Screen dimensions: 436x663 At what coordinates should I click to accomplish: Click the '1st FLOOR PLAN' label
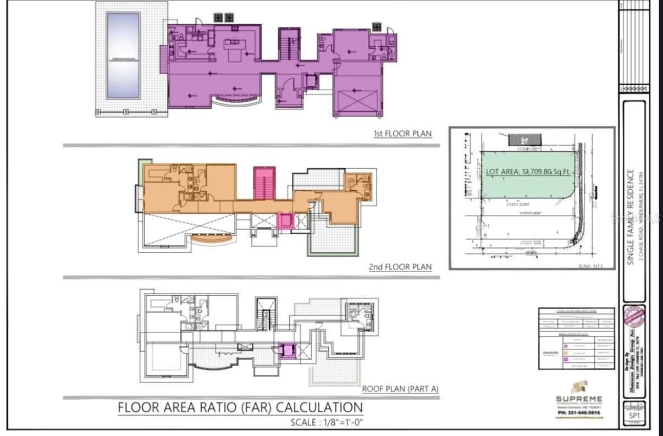pyautogui.click(x=402, y=134)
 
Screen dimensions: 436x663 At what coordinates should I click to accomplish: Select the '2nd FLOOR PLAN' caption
pyautogui.click(x=400, y=267)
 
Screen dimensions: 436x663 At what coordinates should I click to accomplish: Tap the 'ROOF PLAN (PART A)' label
pyautogui.click(x=400, y=389)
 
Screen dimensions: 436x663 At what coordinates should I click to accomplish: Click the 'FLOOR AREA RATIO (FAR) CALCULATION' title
pyautogui.click(x=240, y=407)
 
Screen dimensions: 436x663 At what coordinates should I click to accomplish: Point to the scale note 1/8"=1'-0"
pyautogui.click(x=327, y=423)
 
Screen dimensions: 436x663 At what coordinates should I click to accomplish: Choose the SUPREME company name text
pyautogui.click(x=579, y=399)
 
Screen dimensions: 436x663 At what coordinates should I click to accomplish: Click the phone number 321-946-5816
pyautogui.click(x=579, y=412)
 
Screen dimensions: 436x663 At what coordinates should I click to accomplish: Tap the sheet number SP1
pyautogui.click(x=634, y=416)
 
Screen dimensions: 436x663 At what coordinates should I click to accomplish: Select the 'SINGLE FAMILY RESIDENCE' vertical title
pyautogui.click(x=632, y=217)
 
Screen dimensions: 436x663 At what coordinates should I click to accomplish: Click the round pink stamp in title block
pyautogui.click(x=633, y=319)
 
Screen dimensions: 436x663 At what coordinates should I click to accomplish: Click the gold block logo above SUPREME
pyautogui.click(x=579, y=387)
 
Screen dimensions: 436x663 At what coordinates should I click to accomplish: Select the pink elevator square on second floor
pyautogui.click(x=285, y=221)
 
